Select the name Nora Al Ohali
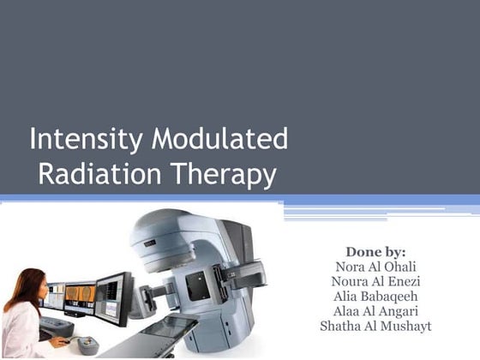(x=375, y=267)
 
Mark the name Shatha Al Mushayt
(x=375, y=327)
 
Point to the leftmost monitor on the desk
(x=52, y=297)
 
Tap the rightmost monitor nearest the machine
(x=112, y=296)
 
